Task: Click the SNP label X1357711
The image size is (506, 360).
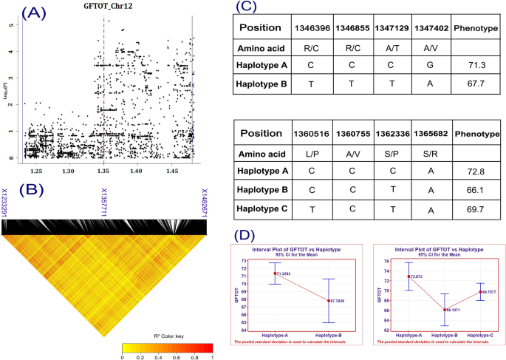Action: pyautogui.click(x=104, y=202)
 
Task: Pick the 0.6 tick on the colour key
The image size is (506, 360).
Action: pyautogui.click(x=177, y=356)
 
